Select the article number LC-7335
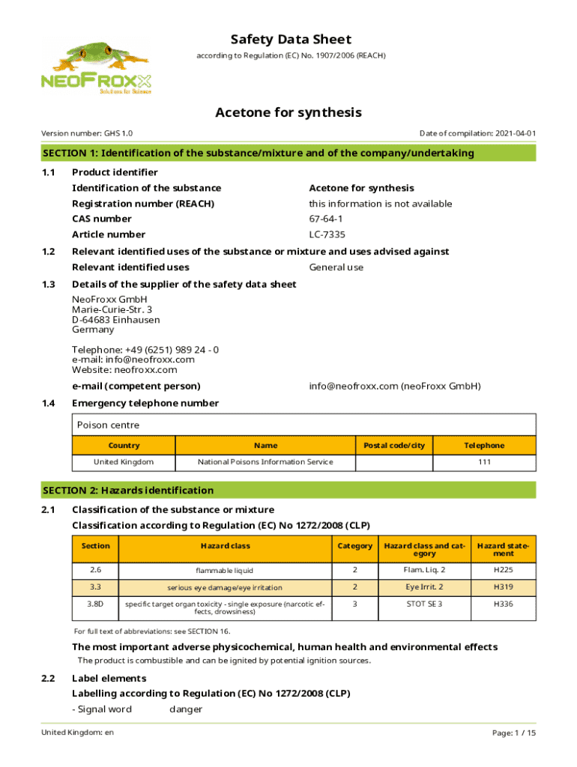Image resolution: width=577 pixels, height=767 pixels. (x=327, y=234)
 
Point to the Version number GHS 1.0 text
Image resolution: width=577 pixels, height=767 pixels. (x=87, y=133)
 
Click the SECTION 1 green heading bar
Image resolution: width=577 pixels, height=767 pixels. (x=288, y=154)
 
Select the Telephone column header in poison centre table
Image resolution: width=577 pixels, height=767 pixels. (x=485, y=446)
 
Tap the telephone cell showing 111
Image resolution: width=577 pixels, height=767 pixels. (x=485, y=462)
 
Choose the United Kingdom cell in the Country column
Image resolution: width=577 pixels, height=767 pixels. (x=124, y=462)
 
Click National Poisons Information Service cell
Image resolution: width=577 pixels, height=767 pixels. (x=265, y=462)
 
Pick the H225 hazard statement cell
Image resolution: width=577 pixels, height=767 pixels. (x=503, y=570)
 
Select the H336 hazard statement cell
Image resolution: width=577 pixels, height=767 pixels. (x=503, y=604)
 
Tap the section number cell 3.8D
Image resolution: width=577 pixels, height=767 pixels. (x=95, y=604)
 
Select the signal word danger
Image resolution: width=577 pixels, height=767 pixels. (x=186, y=709)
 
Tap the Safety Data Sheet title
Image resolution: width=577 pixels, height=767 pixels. (x=291, y=40)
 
